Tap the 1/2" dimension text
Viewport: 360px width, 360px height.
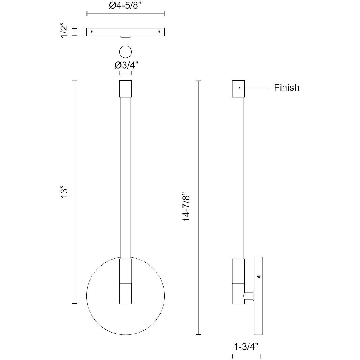(65, 32)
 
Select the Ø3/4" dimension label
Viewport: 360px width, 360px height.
(126, 65)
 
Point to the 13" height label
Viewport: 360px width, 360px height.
(65, 193)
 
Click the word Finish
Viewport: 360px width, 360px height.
(286, 88)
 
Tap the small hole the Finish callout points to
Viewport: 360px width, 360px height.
(240, 88)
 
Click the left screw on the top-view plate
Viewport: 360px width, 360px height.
(92, 32)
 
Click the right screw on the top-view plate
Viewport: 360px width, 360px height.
(159, 32)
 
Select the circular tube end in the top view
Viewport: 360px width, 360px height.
(125, 52)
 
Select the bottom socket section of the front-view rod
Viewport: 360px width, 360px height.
(125, 293)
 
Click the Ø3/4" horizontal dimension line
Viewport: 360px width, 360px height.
(125, 73)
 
